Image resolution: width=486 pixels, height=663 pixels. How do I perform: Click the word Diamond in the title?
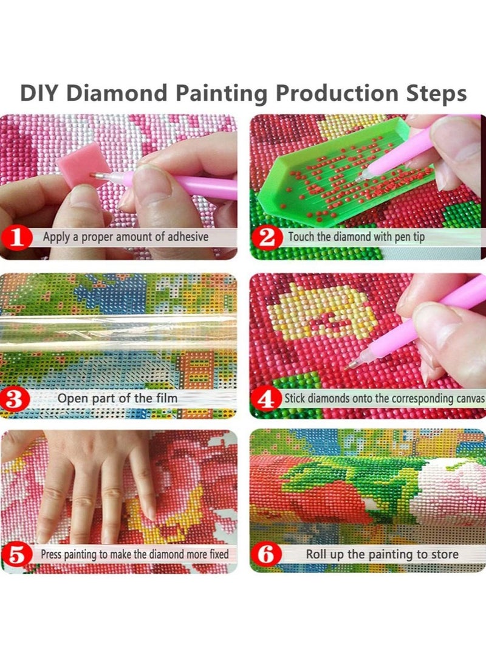(x=117, y=94)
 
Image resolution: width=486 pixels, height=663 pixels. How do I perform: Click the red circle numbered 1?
(x=17, y=238)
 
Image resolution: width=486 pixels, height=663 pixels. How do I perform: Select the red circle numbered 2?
(x=267, y=237)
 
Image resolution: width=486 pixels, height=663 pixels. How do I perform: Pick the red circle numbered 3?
(x=16, y=399)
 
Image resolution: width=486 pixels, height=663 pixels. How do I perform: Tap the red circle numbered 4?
(x=266, y=399)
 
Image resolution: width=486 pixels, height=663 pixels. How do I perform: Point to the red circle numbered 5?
(x=18, y=555)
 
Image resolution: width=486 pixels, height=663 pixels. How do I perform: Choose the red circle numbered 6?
(x=266, y=555)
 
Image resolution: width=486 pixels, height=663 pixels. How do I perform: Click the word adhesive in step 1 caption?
(x=188, y=236)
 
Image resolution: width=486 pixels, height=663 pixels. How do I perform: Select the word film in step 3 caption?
(x=166, y=398)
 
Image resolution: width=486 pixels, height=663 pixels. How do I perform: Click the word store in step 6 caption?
(x=443, y=554)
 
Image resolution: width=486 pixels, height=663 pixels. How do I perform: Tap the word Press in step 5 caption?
(x=51, y=554)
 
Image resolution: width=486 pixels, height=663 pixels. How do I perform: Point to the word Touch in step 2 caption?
(x=301, y=236)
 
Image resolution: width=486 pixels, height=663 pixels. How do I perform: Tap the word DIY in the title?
(x=39, y=94)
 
